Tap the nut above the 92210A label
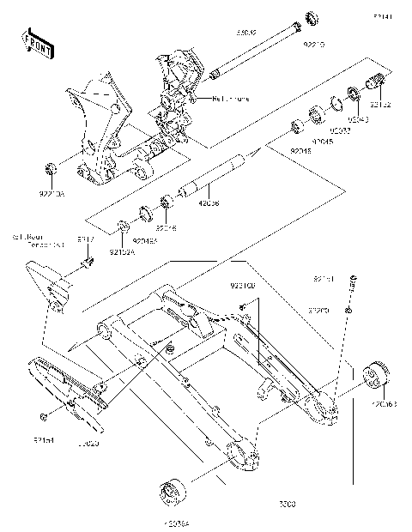tap(51, 166)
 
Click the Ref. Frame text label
tap(230, 98)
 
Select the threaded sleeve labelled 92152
tap(377, 86)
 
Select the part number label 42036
tap(209, 205)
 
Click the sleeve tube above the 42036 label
tap(215, 176)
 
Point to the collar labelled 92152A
tap(124, 227)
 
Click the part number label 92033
tap(341, 131)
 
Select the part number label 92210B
tap(243, 283)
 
